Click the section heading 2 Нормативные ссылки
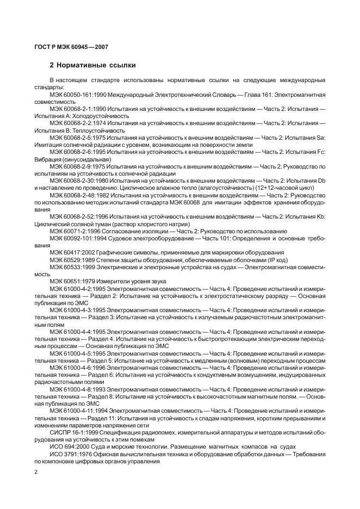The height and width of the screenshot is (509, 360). coord(92,65)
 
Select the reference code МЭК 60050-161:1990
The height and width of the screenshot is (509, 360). coord(78,95)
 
